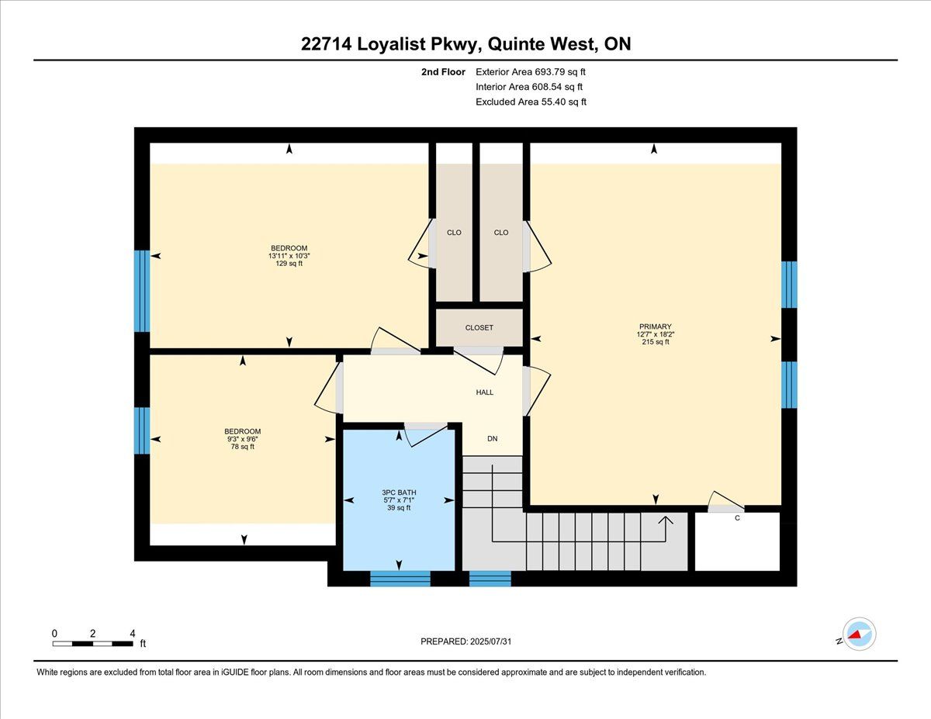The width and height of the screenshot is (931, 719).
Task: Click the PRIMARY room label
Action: [655, 327]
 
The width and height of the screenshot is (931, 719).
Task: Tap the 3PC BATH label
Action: [399, 493]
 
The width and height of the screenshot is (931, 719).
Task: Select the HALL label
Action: [485, 392]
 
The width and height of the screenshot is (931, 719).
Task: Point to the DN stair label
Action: [493, 438]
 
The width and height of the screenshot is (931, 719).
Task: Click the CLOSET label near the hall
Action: [479, 327]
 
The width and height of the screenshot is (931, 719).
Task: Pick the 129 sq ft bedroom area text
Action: [289, 264]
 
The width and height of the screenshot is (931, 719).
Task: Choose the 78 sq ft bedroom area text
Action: [243, 447]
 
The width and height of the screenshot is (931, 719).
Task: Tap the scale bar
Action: [92, 644]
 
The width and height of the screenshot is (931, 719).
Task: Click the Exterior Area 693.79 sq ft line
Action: [531, 72]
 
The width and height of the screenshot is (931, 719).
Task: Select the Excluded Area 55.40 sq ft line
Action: [531, 102]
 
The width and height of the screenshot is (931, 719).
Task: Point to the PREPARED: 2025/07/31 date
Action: [465, 641]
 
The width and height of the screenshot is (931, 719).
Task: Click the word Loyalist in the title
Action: [391, 44]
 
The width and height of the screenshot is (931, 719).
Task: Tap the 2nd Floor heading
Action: [443, 72]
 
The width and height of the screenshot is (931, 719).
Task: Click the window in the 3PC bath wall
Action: [400, 579]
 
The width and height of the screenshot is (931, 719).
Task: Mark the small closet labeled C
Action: [737, 541]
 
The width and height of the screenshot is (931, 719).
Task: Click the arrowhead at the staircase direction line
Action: [666, 520]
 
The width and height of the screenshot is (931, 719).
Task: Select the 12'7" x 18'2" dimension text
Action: [656, 334]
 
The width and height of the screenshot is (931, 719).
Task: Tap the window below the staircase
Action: [490, 579]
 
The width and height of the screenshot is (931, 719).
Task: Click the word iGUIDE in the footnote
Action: [235, 672]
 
